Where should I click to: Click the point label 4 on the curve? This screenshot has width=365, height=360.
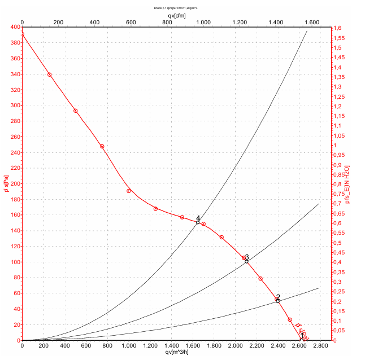point(198,218)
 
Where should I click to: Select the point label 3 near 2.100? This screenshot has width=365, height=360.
point(247,257)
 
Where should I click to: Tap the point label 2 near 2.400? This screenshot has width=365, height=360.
point(278,297)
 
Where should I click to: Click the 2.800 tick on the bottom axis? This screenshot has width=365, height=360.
point(320,346)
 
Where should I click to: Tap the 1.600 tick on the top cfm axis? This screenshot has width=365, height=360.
point(312,22)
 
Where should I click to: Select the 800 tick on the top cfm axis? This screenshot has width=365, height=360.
point(167,22)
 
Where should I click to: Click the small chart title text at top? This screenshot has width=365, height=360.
point(176,8)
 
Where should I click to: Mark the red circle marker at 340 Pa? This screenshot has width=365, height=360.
point(50,74)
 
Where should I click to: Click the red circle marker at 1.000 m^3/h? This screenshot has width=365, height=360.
point(129,191)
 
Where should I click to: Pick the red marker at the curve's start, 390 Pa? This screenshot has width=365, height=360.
point(23,34)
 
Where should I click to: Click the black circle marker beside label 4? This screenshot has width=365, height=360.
point(198,222)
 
